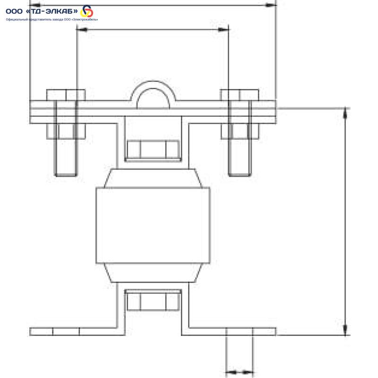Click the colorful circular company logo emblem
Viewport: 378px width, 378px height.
coord(87,11)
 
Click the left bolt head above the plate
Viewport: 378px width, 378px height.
coord(66,95)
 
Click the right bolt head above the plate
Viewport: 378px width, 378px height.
coord(240,95)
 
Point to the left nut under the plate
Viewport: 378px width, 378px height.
coord(66,131)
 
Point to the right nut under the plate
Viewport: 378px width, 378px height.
coord(240,131)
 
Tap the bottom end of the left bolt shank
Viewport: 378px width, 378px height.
coord(66,176)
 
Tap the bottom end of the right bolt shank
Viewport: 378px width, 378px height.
coord(240,176)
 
